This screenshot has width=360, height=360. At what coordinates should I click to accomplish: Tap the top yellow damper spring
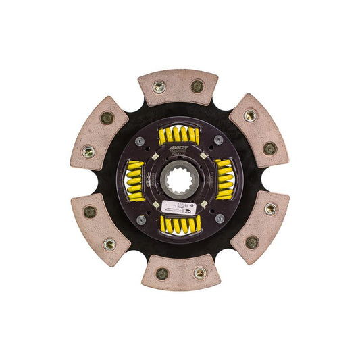click(179, 135)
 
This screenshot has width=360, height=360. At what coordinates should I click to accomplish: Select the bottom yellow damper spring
click(181, 225)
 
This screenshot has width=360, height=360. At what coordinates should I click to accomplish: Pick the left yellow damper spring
click(135, 180)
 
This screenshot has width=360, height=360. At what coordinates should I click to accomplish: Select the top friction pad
click(178, 86)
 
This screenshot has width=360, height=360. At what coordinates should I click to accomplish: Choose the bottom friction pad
click(181, 272)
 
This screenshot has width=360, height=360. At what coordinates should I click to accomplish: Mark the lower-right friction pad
click(261, 227)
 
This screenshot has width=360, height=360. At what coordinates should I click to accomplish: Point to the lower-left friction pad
click(99, 228)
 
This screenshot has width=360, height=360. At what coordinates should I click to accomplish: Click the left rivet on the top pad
click(160, 87)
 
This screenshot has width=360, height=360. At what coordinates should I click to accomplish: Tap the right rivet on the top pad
click(197, 86)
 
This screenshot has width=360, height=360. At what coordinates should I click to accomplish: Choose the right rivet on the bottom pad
click(200, 273)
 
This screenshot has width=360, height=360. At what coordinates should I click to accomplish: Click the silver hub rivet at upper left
click(139, 141)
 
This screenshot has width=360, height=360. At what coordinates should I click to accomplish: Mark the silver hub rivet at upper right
click(219, 140)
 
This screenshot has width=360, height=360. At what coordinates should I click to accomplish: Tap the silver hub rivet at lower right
click(220, 220)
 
